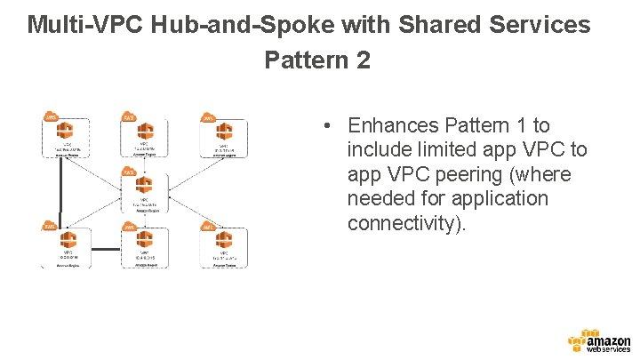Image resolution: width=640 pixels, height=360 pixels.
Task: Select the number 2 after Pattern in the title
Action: click(x=361, y=61)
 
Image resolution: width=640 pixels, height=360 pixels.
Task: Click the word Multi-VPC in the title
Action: click(x=76, y=25)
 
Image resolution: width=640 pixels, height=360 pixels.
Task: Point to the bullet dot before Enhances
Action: click(x=328, y=126)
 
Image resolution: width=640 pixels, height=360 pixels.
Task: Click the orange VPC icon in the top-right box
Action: click(x=222, y=132)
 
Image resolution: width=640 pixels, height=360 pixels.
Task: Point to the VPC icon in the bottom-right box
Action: click(x=222, y=240)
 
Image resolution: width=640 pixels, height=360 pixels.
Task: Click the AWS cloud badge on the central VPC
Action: click(x=128, y=172)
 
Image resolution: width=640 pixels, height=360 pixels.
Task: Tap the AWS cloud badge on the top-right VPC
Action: click(x=207, y=118)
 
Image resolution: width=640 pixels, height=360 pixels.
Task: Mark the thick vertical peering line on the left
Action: click(x=60, y=188)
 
